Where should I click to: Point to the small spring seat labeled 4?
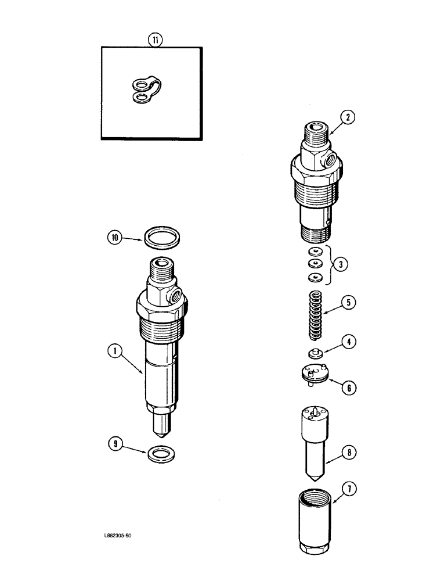315,353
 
